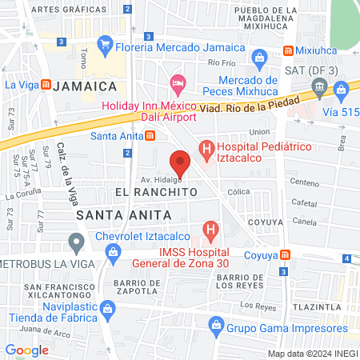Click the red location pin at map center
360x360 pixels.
point(181,162)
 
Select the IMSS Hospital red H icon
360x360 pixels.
point(210,232)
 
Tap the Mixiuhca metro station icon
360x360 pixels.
point(287,50)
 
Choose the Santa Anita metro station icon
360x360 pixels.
point(150,135)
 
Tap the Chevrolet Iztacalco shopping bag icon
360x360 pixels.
point(114,254)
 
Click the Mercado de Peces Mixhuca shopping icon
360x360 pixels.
point(259,58)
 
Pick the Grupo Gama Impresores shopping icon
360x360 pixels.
point(215,325)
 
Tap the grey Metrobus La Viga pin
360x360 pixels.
point(76,241)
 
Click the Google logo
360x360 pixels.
point(26,350)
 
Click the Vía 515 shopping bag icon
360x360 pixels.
point(342,90)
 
